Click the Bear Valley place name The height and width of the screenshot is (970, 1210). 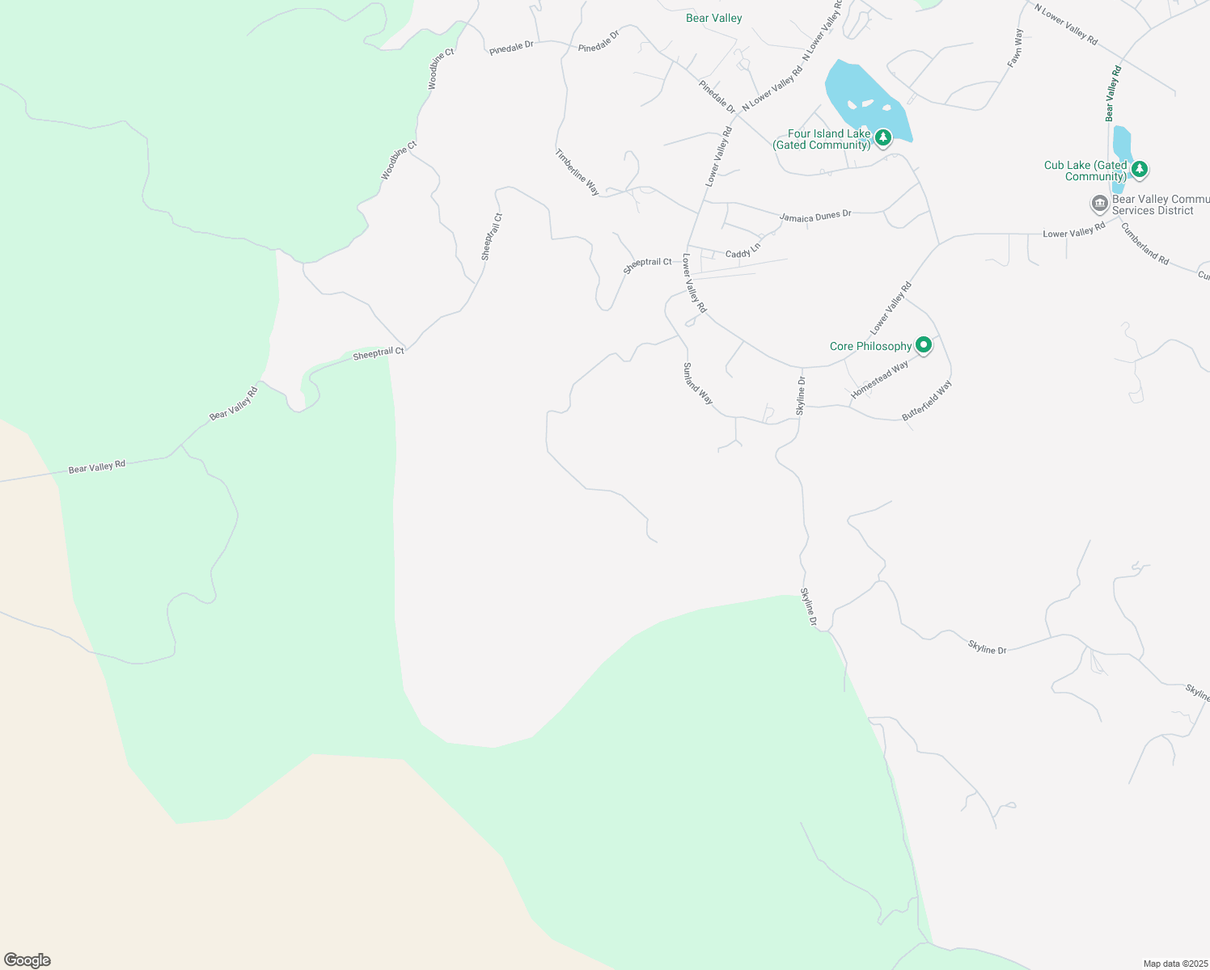click(x=713, y=18)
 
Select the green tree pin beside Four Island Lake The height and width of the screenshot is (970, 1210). click(x=883, y=137)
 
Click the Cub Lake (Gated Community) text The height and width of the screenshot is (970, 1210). click(x=1085, y=171)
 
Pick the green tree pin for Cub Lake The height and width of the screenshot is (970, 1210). click(x=1140, y=169)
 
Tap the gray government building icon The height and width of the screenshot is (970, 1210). click(x=1099, y=203)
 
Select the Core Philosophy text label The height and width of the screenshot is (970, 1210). click(x=870, y=346)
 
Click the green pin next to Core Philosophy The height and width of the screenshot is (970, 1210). click(x=923, y=345)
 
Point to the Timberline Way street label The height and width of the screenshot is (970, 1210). click(x=577, y=172)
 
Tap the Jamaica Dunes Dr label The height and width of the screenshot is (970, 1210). click(x=815, y=216)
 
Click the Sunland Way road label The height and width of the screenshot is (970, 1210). click(x=697, y=383)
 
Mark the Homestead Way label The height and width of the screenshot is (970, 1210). click(x=879, y=379)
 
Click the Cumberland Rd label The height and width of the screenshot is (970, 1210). click(x=1144, y=243)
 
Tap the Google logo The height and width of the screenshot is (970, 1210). click(x=27, y=960)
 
